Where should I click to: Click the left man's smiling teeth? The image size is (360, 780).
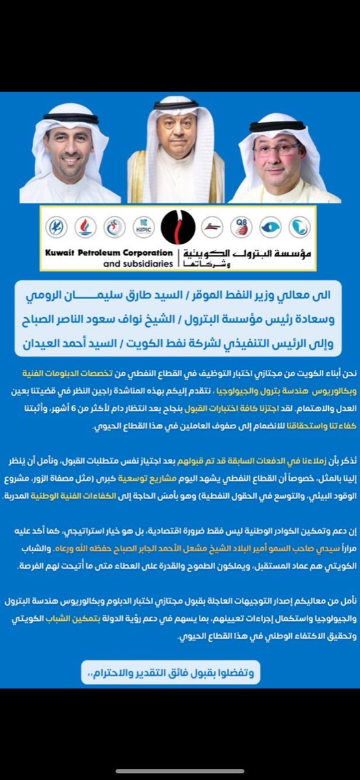[x=70, y=159]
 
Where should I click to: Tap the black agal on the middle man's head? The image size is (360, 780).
[x=176, y=104]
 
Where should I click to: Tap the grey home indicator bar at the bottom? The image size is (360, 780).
[x=180, y=772]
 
